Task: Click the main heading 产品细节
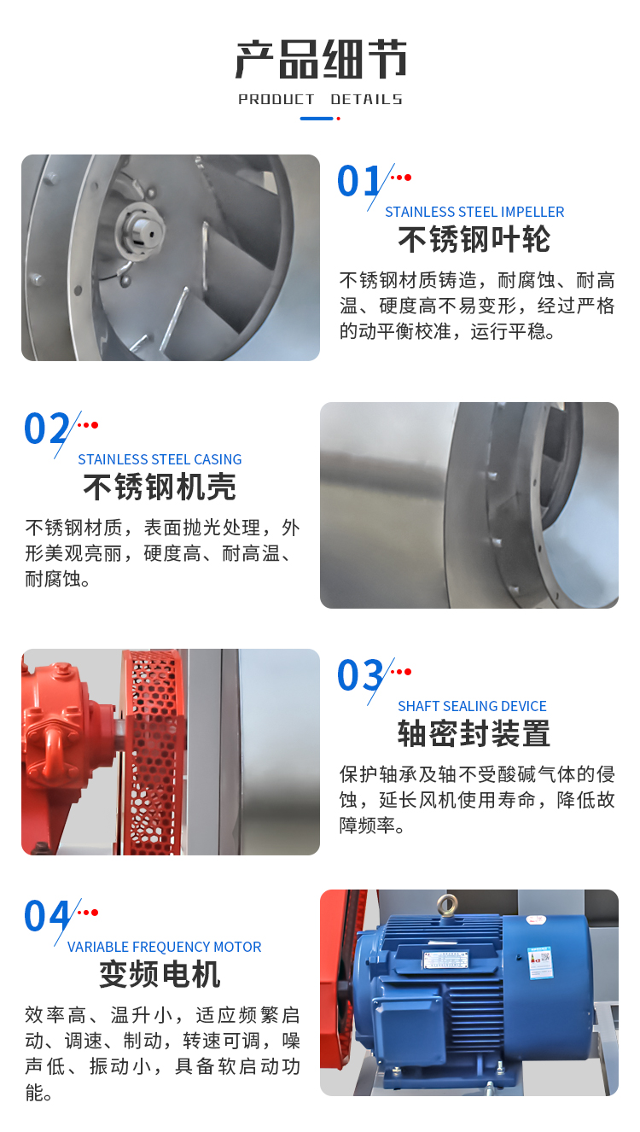tap(321, 60)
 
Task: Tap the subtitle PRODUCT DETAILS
tap(320, 99)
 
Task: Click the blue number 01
tap(358, 181)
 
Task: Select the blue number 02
tap(46, 428)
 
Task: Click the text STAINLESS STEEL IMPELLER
tap(474, 212)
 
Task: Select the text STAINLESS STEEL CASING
tap(160, 459)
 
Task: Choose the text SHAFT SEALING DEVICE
tap(472, 706)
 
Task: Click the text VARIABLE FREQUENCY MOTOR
tap(164, 947)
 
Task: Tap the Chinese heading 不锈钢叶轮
tap(474, 239)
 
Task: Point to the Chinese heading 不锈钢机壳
tap(160, 487)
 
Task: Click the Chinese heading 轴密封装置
tap(474, 733)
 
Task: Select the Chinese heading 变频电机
tap(160, 974)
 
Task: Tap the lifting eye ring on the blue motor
tap(447, 903)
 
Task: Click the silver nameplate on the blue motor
tap(446, 958)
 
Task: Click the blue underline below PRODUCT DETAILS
tap(317, 119)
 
